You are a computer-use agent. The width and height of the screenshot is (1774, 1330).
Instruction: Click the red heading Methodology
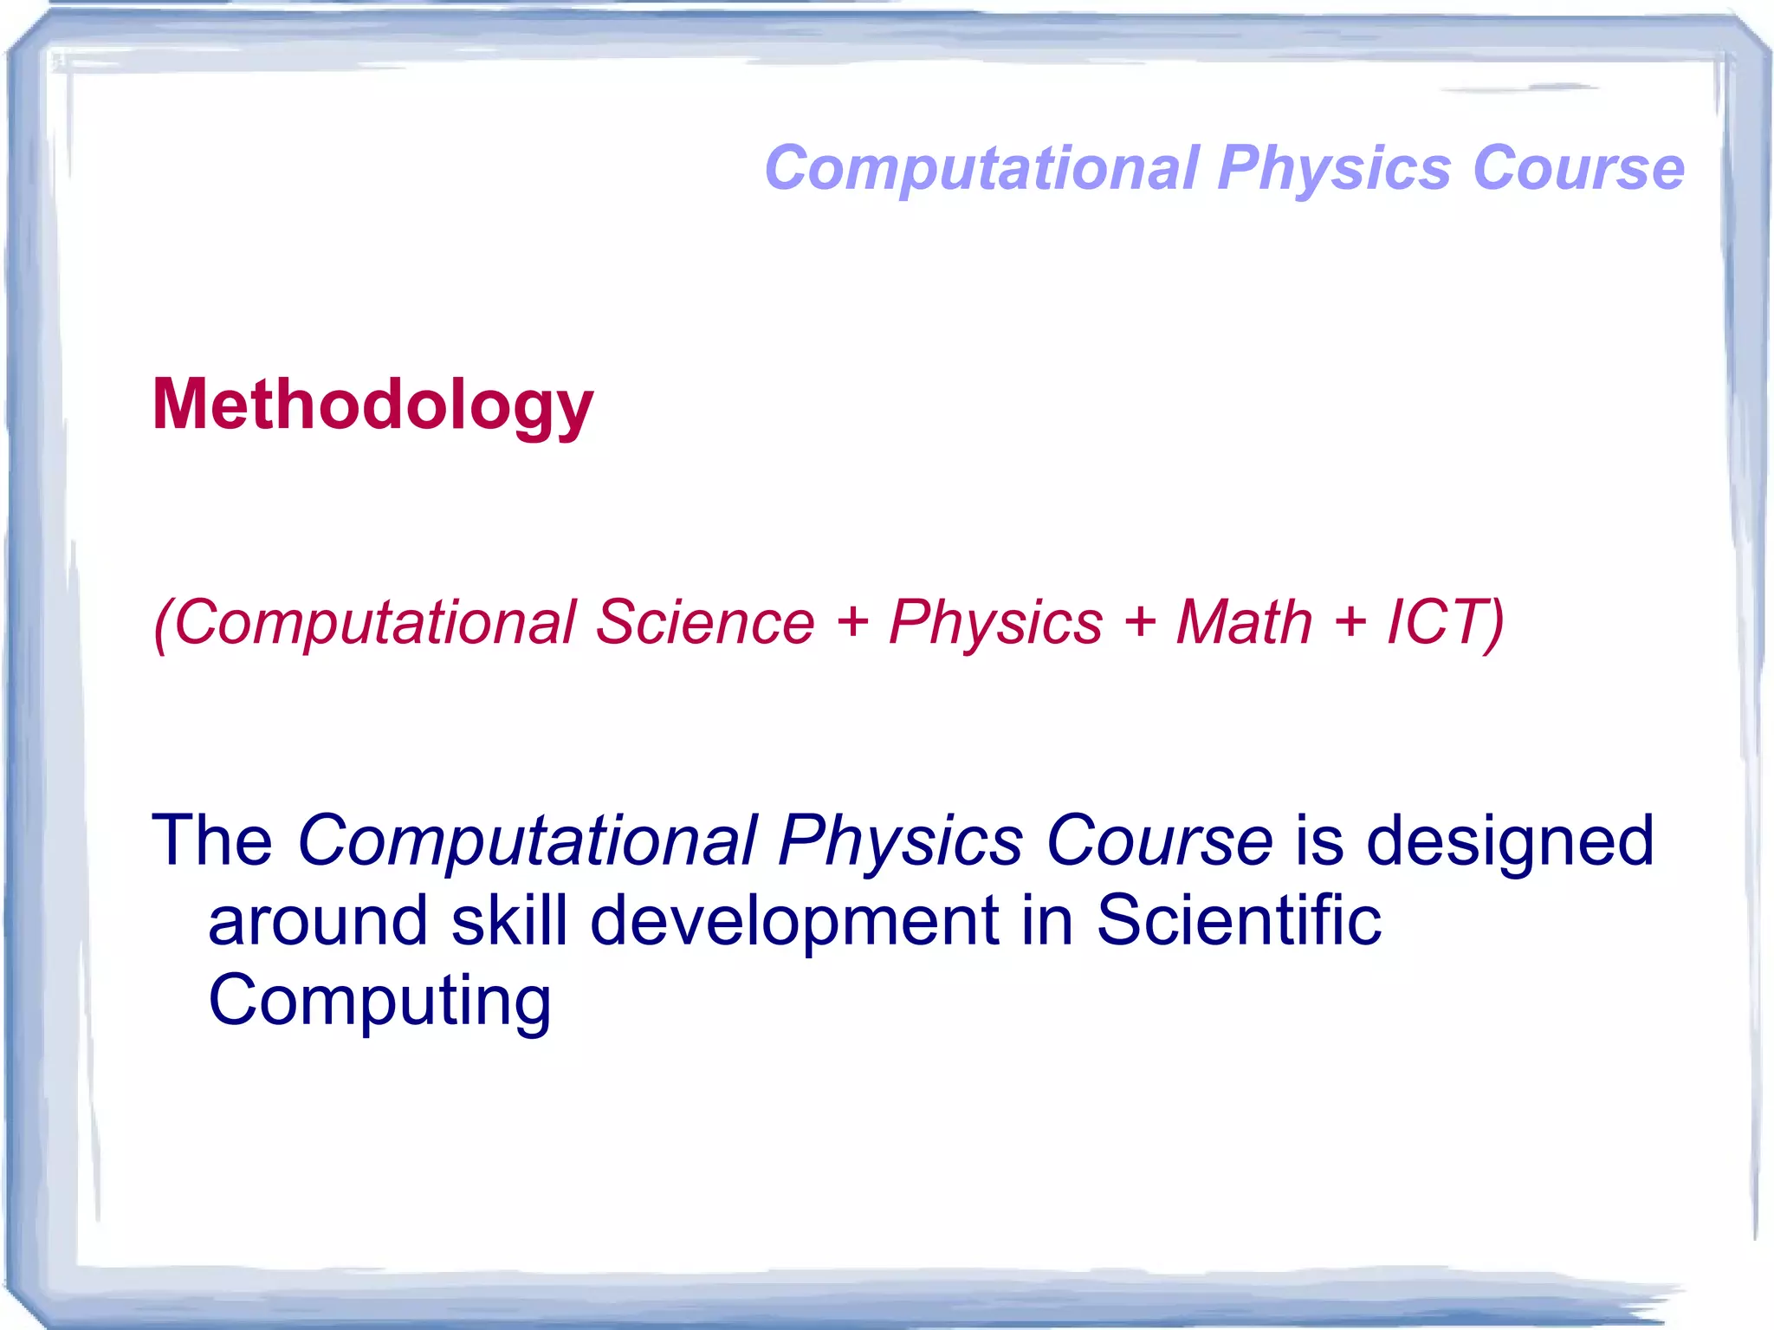[372, 405]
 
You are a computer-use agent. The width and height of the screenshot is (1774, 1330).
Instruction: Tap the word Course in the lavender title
[1578, 167]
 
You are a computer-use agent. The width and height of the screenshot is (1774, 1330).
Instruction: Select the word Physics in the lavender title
[1334, 169]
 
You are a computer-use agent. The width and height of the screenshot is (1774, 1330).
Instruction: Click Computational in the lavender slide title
[982, 169]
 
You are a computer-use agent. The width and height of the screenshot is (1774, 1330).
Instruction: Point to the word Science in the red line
[705, 621]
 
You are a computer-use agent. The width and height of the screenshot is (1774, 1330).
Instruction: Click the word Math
[1244, 621]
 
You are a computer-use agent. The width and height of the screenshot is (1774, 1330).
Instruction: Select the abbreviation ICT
[1439, 621]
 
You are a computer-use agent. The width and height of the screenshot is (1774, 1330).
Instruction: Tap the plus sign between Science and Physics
[853, 623]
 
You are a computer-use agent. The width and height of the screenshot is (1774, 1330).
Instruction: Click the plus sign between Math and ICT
[1350, 623]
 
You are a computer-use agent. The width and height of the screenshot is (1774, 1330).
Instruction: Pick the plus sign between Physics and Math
[1141, 623]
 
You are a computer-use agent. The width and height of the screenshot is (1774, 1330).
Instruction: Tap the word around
[318, 919]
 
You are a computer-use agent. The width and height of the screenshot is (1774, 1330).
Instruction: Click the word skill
[509, 919]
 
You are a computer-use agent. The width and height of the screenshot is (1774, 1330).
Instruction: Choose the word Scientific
[1239, 919]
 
